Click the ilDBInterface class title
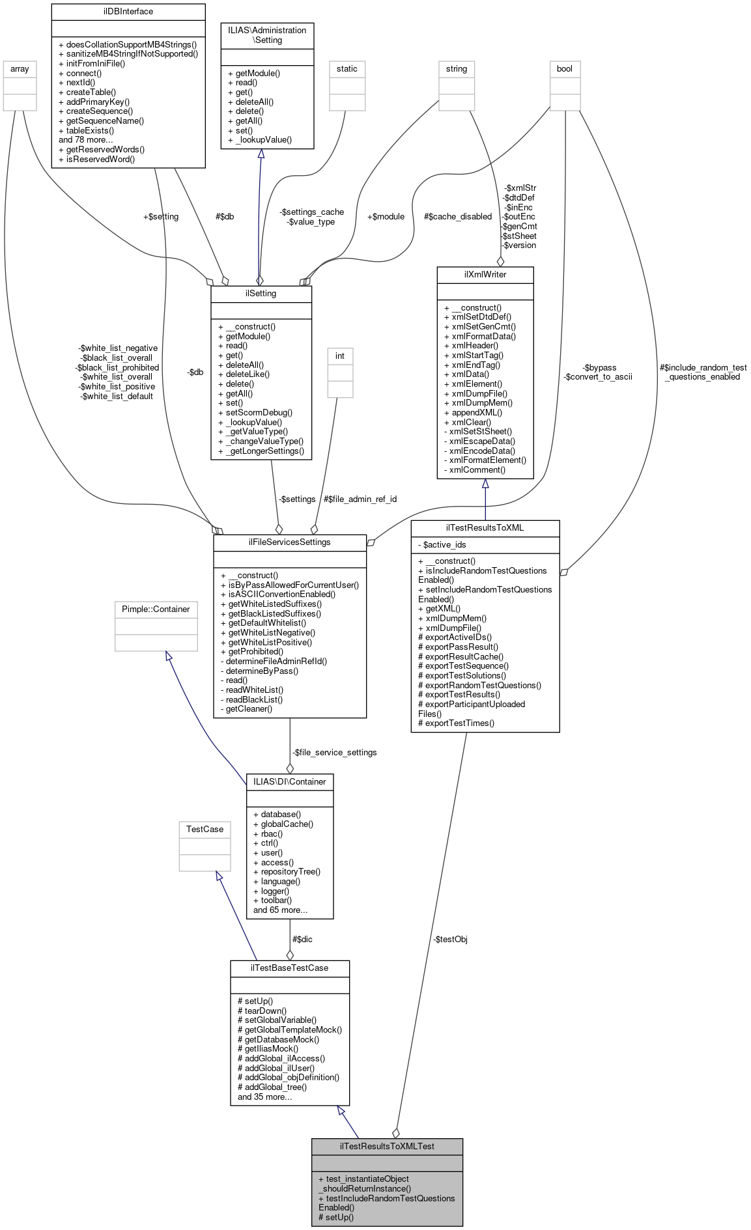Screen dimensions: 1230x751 (128, 11)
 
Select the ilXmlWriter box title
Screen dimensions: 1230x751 (485, 274)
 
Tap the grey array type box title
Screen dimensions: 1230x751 (20, 68)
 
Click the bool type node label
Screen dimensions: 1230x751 (564, 68)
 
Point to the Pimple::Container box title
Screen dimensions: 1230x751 (156, 609)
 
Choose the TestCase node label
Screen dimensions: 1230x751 (205, 829)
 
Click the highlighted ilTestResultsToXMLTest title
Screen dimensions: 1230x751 (387, 1146)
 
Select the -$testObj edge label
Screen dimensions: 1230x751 (450, 939)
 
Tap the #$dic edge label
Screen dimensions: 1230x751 (302, 939)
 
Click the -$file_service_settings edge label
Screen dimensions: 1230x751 (335, 752)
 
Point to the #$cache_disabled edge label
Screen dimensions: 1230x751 (457, 216)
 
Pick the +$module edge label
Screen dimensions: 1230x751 (386, 216)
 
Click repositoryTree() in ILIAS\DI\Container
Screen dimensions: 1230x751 (287, 871)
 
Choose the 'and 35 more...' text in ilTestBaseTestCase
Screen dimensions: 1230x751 (264, 1097)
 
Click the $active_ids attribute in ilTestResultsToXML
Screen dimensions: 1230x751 (444, 544)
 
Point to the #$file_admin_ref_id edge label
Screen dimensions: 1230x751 (360, 499)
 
